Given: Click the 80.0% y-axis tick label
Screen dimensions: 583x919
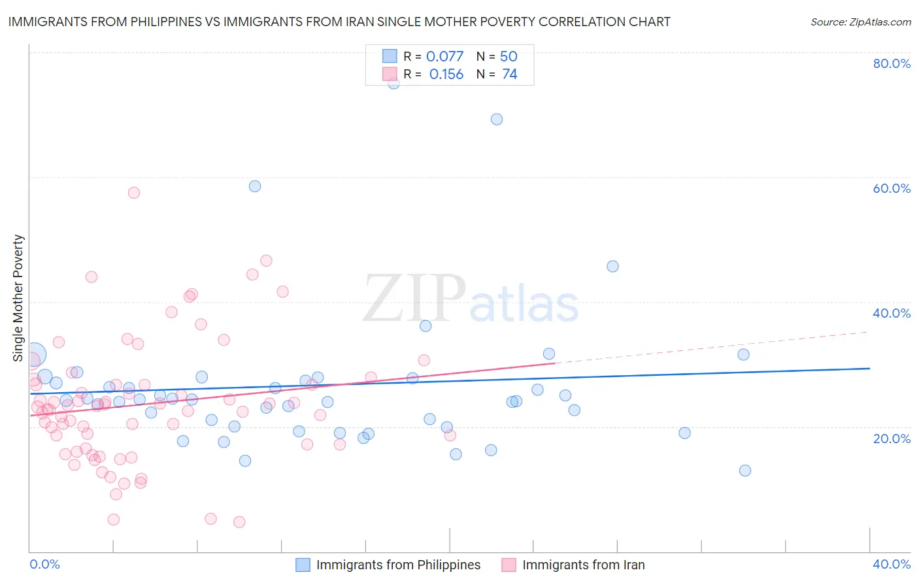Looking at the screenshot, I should click(x=892, y=63).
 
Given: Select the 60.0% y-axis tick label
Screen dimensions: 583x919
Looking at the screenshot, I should click(x=892, y=188).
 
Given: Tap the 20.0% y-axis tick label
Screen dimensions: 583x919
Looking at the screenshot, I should click(x=892, y=439).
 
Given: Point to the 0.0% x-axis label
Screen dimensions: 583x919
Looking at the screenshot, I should click(x=44, y=564).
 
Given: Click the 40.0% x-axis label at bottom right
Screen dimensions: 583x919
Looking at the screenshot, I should click(x=892, y=564).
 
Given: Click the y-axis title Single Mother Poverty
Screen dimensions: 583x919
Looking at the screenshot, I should click(x=18, y=298).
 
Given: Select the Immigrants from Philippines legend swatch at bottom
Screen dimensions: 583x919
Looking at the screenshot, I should click(x=303, y=565).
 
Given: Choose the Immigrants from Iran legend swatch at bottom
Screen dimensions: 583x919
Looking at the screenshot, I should click(x=509, y=565).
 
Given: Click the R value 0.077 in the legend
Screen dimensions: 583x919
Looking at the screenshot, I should click(x=444, y=57).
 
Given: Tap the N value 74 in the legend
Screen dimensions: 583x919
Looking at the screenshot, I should click(x=510, y=75).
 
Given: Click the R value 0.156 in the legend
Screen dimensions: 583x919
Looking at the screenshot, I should click(x=446, y=75).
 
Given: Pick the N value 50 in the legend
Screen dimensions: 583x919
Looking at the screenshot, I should click(x=509, y=57).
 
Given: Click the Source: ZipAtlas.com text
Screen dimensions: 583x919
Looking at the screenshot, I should click(x=860, y=22).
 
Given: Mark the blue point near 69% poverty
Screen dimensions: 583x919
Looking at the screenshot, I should click(x=497, y=119).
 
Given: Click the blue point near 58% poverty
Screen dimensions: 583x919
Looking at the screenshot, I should click(x=255, y=186).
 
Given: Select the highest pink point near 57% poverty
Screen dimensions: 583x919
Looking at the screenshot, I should click(x=134, y=193).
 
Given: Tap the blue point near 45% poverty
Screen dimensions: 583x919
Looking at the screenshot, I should click(x=612, y=266).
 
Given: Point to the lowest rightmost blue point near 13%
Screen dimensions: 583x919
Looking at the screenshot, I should click(x=744, y=471).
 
